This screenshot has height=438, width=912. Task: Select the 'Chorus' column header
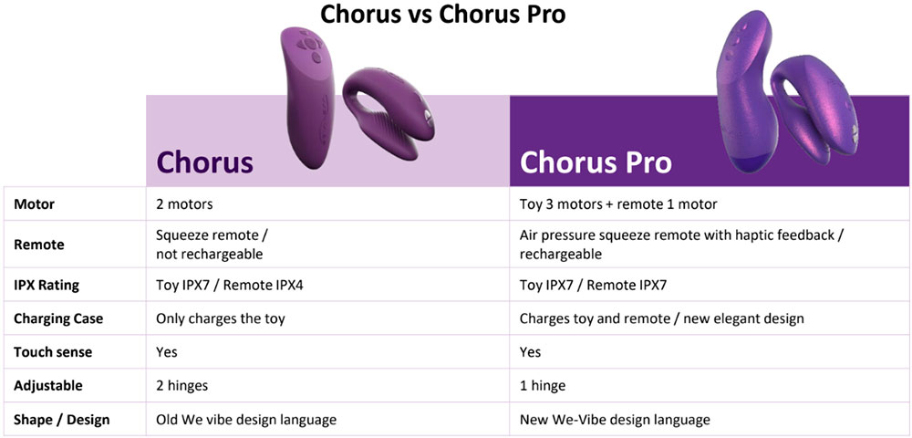point(204,162)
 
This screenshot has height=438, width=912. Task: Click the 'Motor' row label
point(34,203)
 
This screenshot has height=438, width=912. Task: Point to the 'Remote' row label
point(39,245)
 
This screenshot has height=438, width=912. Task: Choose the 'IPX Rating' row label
point(47,285)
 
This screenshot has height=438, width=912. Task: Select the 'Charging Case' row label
point(58,318)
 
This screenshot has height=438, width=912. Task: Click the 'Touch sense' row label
point(53,351)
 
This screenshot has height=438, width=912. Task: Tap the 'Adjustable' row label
point(48,385)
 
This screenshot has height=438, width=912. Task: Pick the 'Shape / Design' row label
point(61,419)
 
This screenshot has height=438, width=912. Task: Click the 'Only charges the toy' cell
point(221,318)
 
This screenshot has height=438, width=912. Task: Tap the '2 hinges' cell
point(182,385)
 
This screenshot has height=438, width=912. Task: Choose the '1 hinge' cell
point(543,385)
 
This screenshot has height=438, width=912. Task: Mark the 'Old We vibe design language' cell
point(246,419)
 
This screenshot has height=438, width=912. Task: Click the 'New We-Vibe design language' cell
point(615,419)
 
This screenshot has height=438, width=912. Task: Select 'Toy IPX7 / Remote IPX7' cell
point(593,285)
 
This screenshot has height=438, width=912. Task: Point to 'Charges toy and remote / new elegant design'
point(661,318)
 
